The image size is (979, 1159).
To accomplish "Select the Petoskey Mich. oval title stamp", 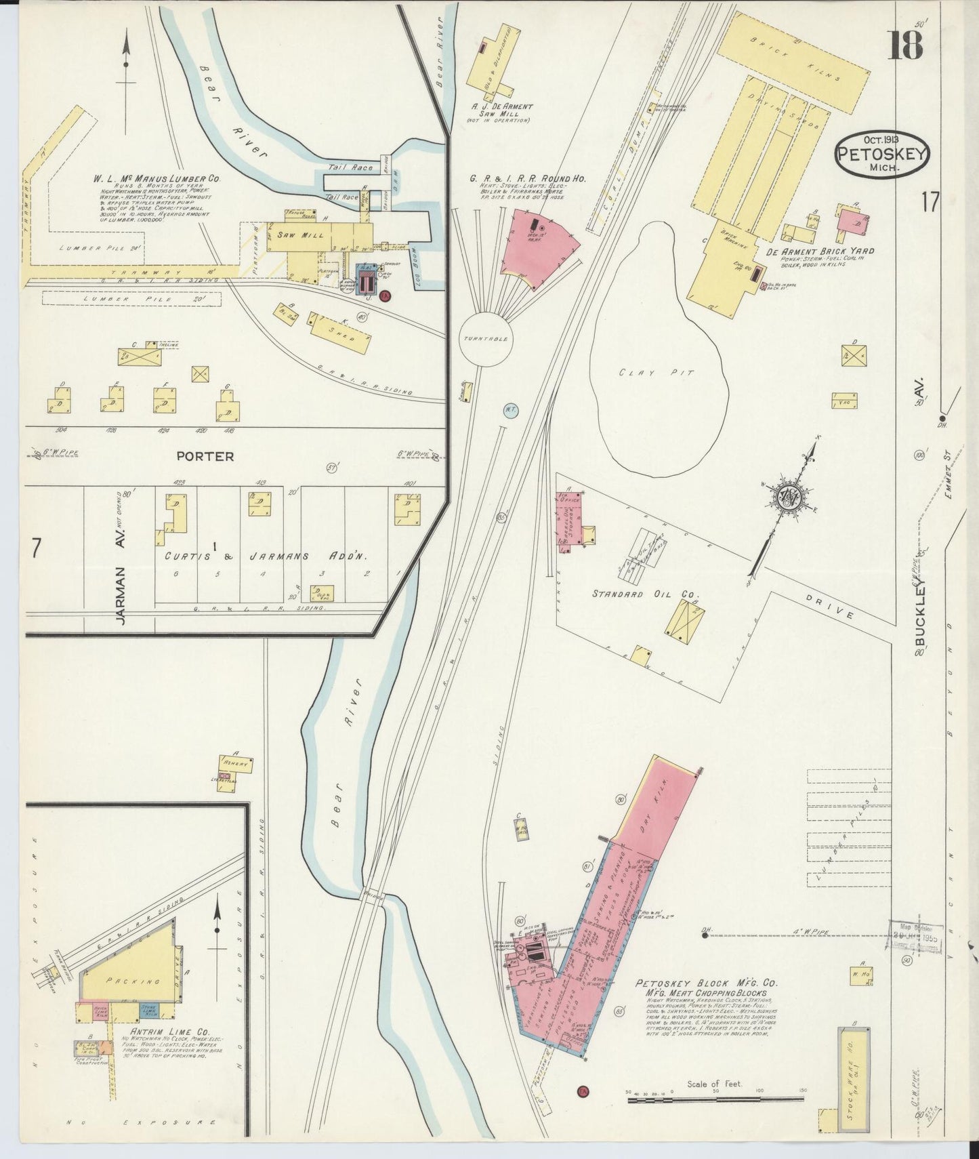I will [881, 154].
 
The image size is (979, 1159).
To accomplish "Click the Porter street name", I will [205, 456].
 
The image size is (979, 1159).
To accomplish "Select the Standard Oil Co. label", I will [644, 594].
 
